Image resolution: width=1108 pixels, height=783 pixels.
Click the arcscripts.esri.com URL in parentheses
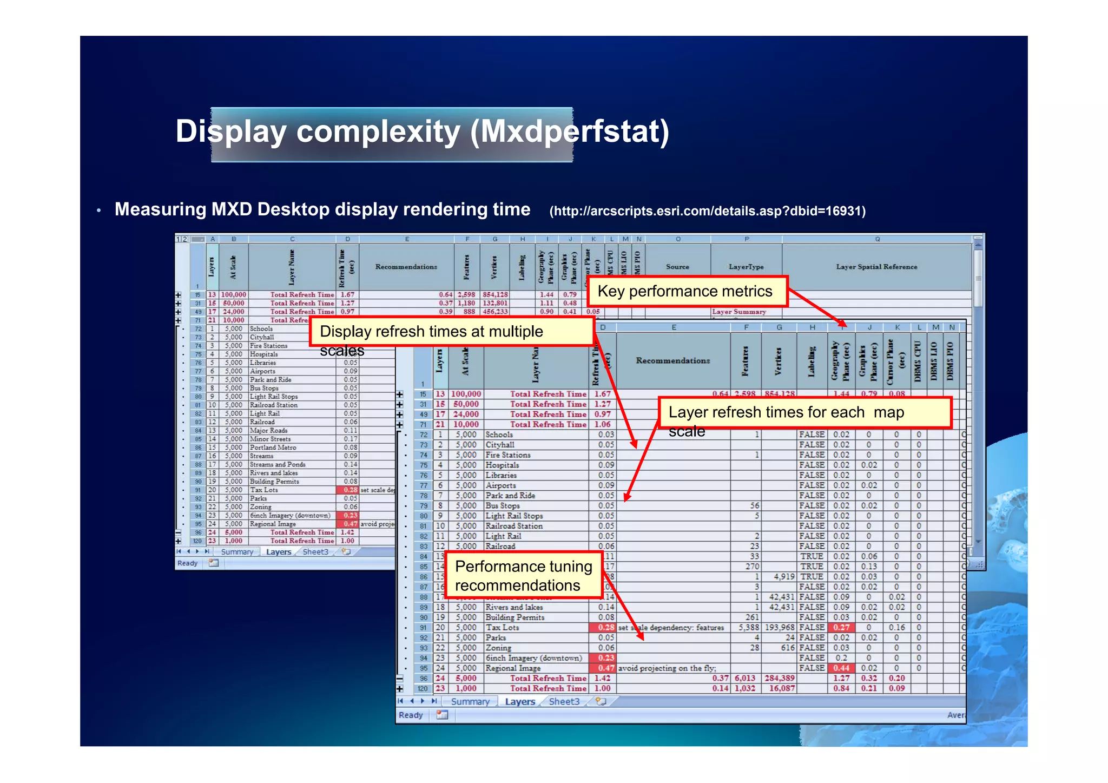pos(707,211)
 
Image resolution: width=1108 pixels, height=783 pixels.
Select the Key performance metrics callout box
pos(686,292)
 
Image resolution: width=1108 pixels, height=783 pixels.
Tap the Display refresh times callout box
pos(451,332)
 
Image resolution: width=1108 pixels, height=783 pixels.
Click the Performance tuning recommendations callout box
pos(524,576)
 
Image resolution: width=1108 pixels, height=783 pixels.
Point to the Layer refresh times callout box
pos(804,413)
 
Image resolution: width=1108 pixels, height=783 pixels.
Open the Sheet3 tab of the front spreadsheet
pos(564,702)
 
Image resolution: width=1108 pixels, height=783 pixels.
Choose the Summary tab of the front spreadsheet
pos(470,702)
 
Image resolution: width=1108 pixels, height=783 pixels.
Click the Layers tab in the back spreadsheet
pos(279,552)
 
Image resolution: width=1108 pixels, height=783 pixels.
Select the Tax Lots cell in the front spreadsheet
pos(502,628)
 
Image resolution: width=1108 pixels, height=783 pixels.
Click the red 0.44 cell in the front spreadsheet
pos(841,668)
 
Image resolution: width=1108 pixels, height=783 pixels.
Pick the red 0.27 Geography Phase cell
pos(841,628)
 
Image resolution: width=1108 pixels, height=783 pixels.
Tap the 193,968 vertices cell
pos(779,628)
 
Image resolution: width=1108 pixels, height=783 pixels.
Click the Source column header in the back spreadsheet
pos(677,267)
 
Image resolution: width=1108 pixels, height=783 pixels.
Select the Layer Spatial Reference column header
pos(876,267)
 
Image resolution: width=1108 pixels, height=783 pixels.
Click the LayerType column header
pos(746,267)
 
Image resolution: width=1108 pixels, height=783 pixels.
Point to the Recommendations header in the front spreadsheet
pos(672,360)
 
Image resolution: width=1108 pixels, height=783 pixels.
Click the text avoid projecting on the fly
pos(667,668)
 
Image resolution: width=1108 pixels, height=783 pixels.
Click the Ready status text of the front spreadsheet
pos(411,715)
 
